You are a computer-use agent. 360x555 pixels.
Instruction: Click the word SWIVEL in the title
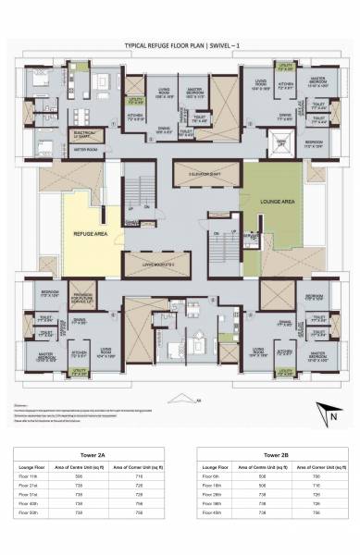[217, 44]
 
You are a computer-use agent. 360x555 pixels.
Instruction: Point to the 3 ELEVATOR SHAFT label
[205, 174]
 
